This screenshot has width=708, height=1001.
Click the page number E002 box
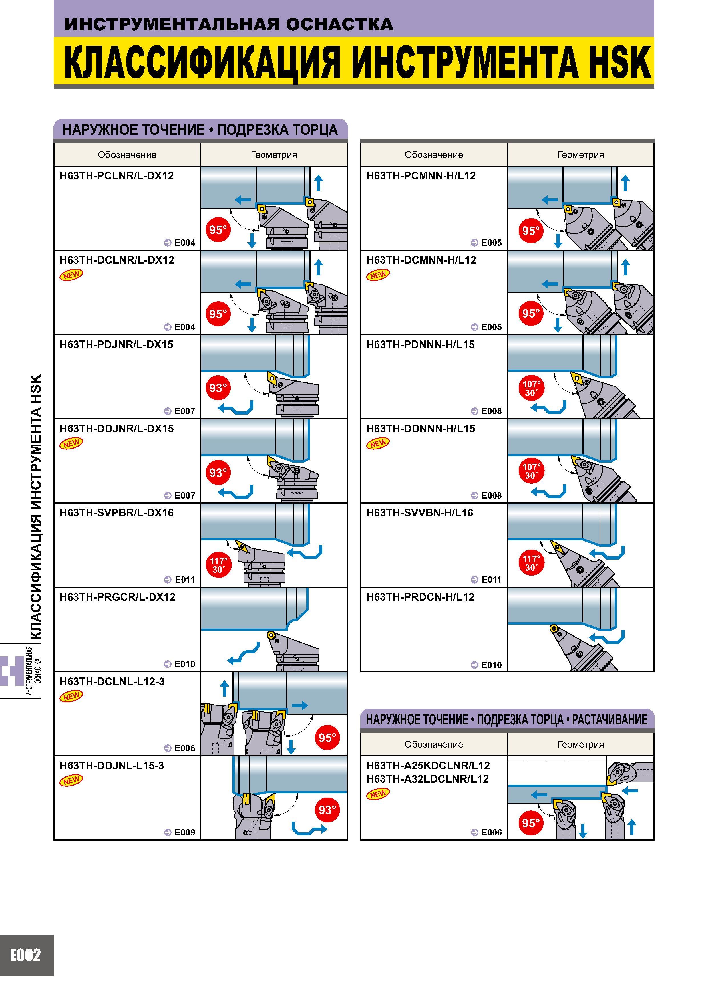tap(27, 954)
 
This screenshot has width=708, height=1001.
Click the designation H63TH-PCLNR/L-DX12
tap(116, 176)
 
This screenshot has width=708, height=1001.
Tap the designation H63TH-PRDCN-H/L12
tap(420, 597)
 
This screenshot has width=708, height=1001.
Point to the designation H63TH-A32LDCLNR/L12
tap(427, 779)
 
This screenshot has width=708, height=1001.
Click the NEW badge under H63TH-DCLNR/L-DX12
tap(71, 275)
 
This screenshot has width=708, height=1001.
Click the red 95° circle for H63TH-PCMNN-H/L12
tap(531, 230)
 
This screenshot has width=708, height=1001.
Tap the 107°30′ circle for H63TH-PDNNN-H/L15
tap(531, 388)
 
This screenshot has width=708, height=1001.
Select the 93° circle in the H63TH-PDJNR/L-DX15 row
tap(218, 388)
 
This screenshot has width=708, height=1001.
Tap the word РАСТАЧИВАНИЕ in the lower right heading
tap(610, 719)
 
